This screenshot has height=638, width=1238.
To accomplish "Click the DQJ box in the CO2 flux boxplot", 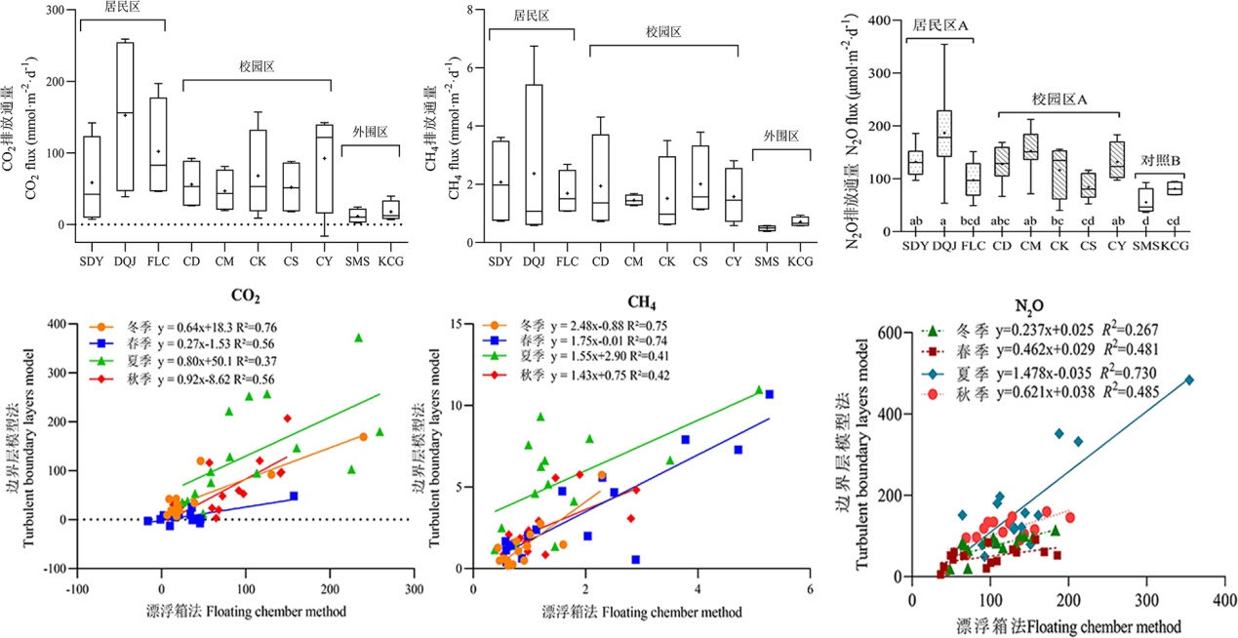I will tap(125, 116).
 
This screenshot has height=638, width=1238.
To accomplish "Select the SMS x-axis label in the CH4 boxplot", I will tap(767, 261).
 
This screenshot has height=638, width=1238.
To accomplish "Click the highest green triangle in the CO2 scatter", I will tap(358, 338).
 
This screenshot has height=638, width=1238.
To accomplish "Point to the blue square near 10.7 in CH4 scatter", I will tap(769, 394).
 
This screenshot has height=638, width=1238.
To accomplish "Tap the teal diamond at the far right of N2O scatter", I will tap(1188, 379).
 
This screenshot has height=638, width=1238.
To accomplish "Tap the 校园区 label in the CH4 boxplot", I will tap(663, 31).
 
